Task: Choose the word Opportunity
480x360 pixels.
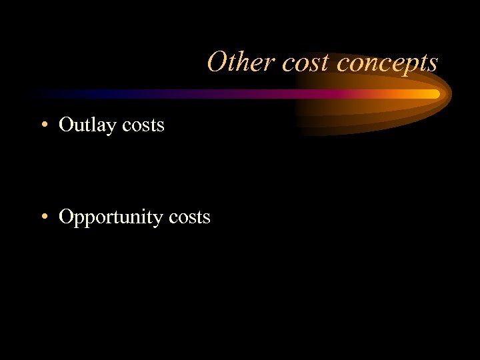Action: [x=111, y=217]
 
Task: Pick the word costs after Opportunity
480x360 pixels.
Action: [x=189, y=217]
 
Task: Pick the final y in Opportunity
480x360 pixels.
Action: [x=159, y=220]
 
